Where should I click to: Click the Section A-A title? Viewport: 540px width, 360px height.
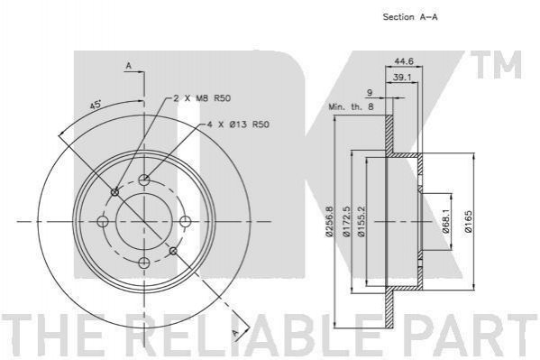click(x=410, y=16)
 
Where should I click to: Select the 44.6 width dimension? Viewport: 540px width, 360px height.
click(x=404, y=61)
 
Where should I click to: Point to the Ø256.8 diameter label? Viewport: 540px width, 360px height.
click(x=329, y=221)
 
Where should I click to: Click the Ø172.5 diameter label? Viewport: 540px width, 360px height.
click(x=346, y=221)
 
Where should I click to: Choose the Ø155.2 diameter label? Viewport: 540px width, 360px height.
click(x=361, y=221)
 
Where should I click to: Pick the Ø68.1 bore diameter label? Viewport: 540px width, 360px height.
click(x=445, y=222)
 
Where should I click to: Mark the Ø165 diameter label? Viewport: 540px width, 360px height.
click(x=469, y=222)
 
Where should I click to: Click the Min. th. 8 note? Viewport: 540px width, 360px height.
click(x=351, y=106)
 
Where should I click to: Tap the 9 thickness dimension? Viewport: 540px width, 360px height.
click(x=370, y=92)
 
